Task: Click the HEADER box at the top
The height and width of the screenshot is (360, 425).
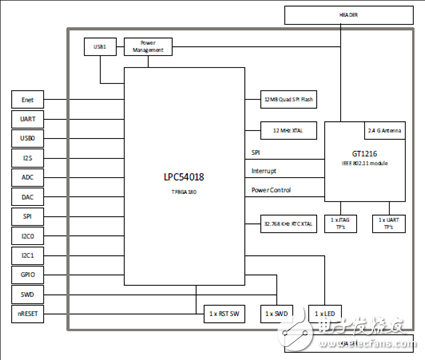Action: click(347, 15)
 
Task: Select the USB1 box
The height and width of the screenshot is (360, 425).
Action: click(98, 46)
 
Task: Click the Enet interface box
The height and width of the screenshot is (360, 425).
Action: click(29, 100)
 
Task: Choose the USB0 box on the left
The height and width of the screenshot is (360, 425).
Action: click(29, 138)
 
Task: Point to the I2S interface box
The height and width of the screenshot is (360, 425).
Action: click(29, 157)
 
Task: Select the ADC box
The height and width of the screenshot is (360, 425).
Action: click(29, 176)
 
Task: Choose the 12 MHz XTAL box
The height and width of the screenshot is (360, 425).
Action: click(283, 131)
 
